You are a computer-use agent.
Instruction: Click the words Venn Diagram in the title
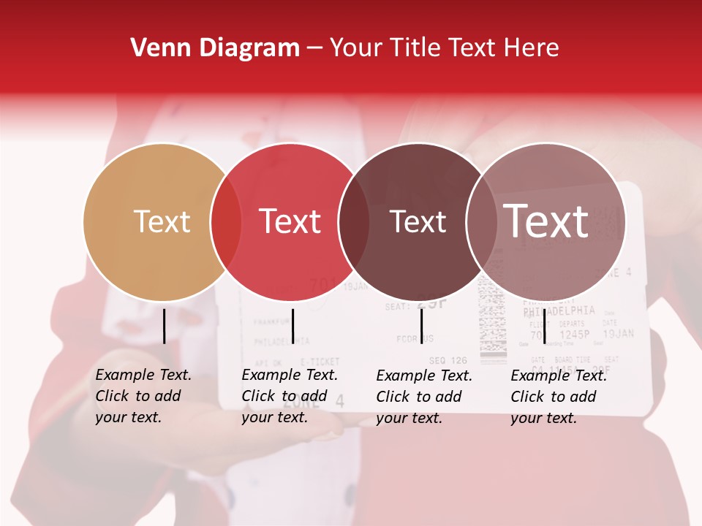tap(215, 48)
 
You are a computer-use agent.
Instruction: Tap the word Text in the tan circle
tap(162, 221)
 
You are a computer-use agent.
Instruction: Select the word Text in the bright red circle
tap(290, 221)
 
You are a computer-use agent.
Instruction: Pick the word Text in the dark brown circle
tap(418, 221)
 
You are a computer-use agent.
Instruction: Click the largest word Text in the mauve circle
tap(546, 221)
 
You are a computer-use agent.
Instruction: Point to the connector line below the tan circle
tap(165, 326)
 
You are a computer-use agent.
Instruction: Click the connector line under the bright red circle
tap(292, 326)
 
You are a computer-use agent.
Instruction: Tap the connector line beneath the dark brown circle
tap(421, 326)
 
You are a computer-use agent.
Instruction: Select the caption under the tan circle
tap(143, 396)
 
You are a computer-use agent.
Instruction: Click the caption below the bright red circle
tap(290, 396)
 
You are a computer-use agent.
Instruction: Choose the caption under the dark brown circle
tap(424, 396)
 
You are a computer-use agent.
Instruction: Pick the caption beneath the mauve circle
tap(559, 396)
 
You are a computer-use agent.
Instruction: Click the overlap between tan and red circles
tap(226, 221)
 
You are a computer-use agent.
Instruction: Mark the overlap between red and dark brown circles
tap(354, 221)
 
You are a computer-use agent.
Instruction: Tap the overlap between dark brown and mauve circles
tap(482, 221)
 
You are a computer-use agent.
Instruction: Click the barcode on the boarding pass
tap(493, 321)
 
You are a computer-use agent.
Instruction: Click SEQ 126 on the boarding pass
tap(448, 360)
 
